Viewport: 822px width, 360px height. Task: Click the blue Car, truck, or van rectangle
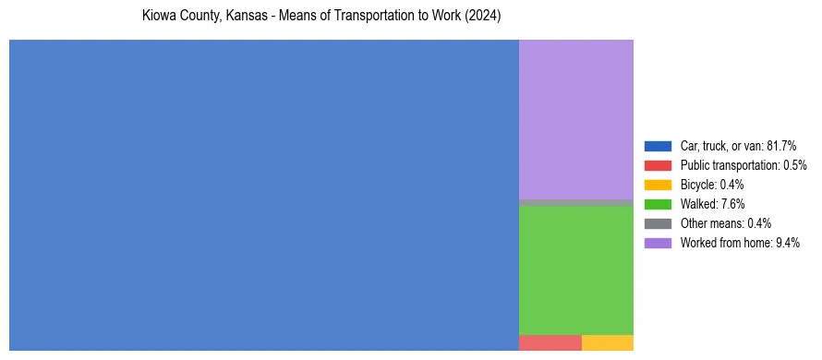263,195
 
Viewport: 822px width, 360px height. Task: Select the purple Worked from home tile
575,119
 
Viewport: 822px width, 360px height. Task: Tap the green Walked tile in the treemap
575,270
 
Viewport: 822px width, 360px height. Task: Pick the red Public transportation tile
550,342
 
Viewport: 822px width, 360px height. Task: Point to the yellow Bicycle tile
607,342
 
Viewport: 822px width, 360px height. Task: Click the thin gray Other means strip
575,202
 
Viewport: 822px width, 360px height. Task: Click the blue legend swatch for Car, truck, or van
658,146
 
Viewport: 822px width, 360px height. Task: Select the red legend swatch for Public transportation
658,165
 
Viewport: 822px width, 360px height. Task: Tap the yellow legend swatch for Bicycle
658,185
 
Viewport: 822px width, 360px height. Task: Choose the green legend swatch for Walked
658,204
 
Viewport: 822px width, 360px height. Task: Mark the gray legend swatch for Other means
658,223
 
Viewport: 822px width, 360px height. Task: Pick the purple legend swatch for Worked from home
658,243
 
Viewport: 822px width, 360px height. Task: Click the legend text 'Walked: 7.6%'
712,204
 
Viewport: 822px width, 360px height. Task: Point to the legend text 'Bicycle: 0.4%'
712,185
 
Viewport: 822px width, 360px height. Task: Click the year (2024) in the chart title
483,18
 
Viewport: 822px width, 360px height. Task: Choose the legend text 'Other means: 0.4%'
725,223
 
